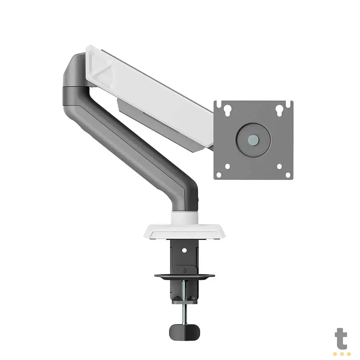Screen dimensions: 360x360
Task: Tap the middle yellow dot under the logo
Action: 342,354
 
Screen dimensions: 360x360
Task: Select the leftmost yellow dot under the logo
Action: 336,354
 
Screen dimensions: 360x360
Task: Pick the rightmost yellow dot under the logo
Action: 348,354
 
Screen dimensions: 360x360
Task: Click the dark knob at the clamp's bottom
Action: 184,331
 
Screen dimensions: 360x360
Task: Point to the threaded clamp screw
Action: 184,304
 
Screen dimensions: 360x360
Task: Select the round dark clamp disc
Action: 184,276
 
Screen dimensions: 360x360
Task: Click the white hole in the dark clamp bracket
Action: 184,249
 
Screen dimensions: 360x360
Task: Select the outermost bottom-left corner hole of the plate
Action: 219,175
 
